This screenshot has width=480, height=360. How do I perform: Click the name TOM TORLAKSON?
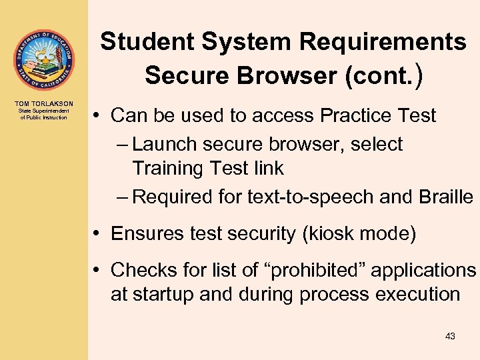coord(43,103)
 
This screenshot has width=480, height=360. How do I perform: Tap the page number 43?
coord(450,337)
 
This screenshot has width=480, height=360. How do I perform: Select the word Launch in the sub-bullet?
coord(167,144)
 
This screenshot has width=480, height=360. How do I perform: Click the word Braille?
coord(447,197)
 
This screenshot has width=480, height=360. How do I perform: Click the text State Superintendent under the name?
coord(43,111)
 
